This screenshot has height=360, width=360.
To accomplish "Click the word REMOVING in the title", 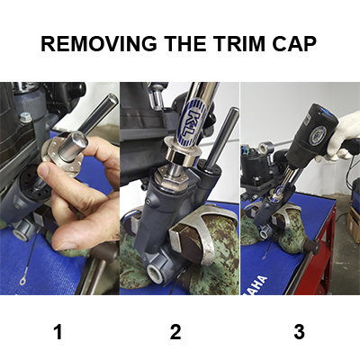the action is coord(98,43).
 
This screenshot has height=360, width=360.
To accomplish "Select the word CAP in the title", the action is coord(294,43).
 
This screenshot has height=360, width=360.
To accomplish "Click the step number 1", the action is coord(58,332).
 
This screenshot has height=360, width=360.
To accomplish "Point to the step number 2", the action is coord(175,332).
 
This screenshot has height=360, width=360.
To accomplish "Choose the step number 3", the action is coord(299,332).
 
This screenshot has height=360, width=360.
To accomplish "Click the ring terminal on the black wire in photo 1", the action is coord(22,281).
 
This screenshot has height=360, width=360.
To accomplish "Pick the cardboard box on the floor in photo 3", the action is coord(354,223).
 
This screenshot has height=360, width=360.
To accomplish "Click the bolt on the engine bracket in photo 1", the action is coord(25,117).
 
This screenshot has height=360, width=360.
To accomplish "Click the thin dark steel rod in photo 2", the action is coord(222,139).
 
